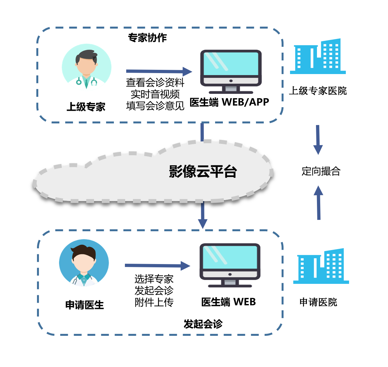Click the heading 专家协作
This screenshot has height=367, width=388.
coord(147,38)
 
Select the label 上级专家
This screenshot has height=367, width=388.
coord(86,107)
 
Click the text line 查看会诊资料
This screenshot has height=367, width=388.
coord(155,82)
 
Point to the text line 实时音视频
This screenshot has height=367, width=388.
coord(155,94)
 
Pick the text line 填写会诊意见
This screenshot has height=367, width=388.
coord(155,106)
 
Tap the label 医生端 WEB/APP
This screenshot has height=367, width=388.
coord(229,102)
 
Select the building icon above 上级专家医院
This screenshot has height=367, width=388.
coord(318,57)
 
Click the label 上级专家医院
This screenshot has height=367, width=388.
coord(318,91)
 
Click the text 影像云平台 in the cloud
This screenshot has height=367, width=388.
coord(203,171)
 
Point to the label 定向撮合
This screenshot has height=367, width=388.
coord(321,171)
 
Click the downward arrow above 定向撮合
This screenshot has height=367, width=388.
coord(318,140)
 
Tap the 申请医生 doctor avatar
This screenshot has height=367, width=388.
coord(84,263)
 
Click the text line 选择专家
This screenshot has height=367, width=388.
coord(154,279)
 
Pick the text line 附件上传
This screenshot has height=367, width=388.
coord(154,302)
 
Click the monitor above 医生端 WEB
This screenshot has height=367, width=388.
coord(230,264)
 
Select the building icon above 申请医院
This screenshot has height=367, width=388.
coord(321,267)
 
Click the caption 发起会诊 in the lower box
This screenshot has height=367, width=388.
coord(203,324)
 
